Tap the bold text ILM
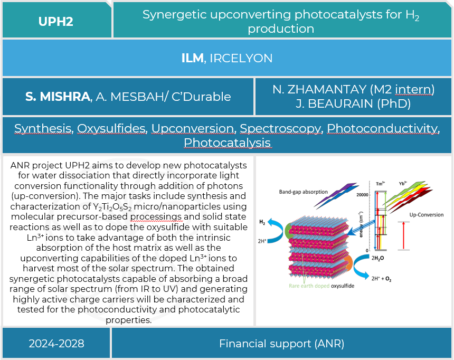(193, 58)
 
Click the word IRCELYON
(241, 58)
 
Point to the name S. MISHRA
(58, 97)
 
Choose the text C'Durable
(201, 97)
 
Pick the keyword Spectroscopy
(282, 129)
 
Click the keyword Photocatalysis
(227, 143)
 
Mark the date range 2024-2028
(56, 344)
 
